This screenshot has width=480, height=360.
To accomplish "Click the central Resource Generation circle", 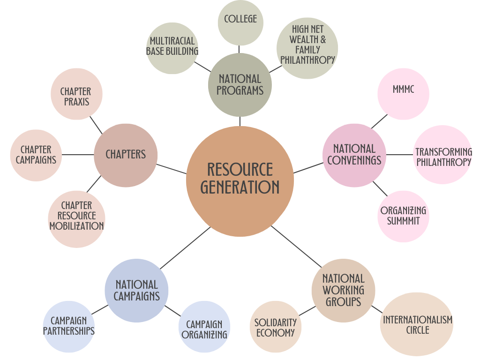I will [x=240, y=180].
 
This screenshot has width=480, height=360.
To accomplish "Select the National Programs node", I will [x=240, y=85].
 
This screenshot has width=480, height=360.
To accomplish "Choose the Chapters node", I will [x=126, y=155].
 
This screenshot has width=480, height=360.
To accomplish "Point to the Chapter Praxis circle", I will [x=76, y=95].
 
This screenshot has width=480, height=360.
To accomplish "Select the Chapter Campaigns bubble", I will [x=36, y=155].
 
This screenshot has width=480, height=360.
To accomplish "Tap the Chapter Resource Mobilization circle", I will [x=76, y=216].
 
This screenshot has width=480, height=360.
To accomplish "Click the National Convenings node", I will [x=354, y=155].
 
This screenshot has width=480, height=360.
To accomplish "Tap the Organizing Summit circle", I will [x=403, y=216].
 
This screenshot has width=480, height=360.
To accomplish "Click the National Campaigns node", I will [x=136, y=291].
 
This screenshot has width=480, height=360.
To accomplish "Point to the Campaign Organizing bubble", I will [x=204, y=327].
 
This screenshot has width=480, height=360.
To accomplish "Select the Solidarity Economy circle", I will [x=276, y=327].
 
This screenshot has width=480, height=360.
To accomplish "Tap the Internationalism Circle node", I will [x=417, y=324].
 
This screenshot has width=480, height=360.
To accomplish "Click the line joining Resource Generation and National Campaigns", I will [x=185, y=248].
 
